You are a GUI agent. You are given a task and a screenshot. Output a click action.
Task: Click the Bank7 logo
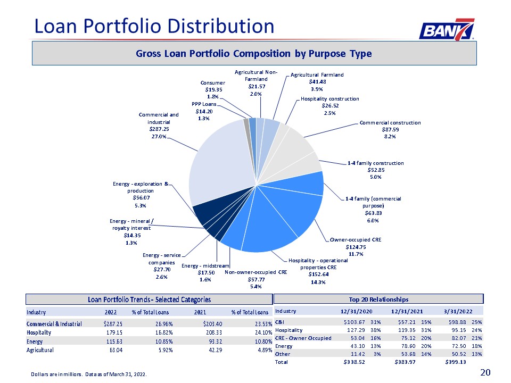point(447,29)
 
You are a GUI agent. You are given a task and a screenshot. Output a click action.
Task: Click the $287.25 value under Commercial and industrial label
point(159,129)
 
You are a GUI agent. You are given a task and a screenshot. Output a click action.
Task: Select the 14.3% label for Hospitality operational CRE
point(318,282)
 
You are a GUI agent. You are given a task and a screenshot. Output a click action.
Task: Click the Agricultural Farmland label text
point(317,75)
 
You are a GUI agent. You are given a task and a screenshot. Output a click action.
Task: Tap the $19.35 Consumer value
point(213,89)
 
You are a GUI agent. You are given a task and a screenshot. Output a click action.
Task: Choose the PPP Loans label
point(204,104)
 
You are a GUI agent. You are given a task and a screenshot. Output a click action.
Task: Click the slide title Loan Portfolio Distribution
point(154,26)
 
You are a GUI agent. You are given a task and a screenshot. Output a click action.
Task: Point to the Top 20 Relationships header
point(378,299)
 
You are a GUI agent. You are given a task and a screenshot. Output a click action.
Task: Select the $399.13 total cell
point(456,362)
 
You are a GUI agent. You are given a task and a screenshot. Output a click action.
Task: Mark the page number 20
point(485,372)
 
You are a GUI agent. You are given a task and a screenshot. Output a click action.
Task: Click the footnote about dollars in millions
point(89,374)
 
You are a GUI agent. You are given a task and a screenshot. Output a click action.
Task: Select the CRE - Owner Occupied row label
point(303,338)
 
